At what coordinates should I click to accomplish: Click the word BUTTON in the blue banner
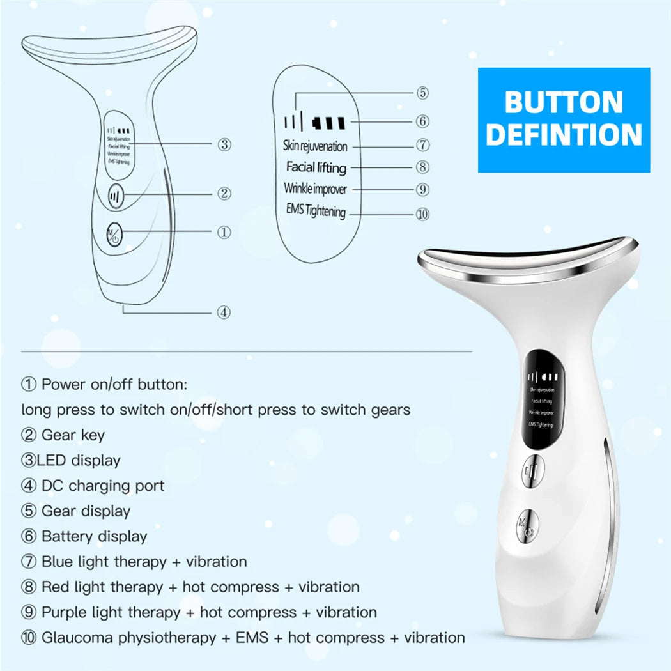coord(564,102)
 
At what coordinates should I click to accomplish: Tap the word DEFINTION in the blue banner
coord(564,135)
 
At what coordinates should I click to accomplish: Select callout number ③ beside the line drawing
coord(224,144)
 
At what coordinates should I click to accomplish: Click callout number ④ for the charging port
coord(223,312)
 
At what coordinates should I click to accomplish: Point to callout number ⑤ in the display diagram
coord(422,93)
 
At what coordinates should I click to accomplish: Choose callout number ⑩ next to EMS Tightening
coord(422,214)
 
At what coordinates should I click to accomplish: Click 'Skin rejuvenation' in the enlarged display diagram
coord(315,146)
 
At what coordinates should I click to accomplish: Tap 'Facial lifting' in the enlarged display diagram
coord(316,167)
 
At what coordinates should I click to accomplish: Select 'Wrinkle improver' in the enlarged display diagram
coord(315,189)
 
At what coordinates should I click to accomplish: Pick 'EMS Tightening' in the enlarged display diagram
coord(316,210)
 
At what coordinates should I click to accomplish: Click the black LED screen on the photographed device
coord(541,398)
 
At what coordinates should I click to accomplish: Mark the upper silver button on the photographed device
coord(532,472)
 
